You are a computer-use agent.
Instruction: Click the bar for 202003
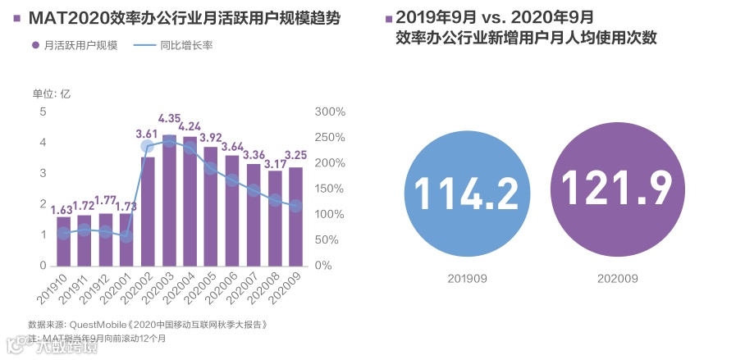click(169, 201)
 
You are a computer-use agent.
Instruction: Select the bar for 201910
click(63, 241)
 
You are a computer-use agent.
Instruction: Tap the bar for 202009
click(295, 216)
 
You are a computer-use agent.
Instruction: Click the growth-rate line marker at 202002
click(147, 147)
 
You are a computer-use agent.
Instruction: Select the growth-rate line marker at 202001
click(126, 237)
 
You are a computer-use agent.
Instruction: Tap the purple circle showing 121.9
click(616, 192)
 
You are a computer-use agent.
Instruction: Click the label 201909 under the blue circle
click(467, 279)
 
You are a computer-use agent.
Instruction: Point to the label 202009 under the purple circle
click(617, 279)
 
